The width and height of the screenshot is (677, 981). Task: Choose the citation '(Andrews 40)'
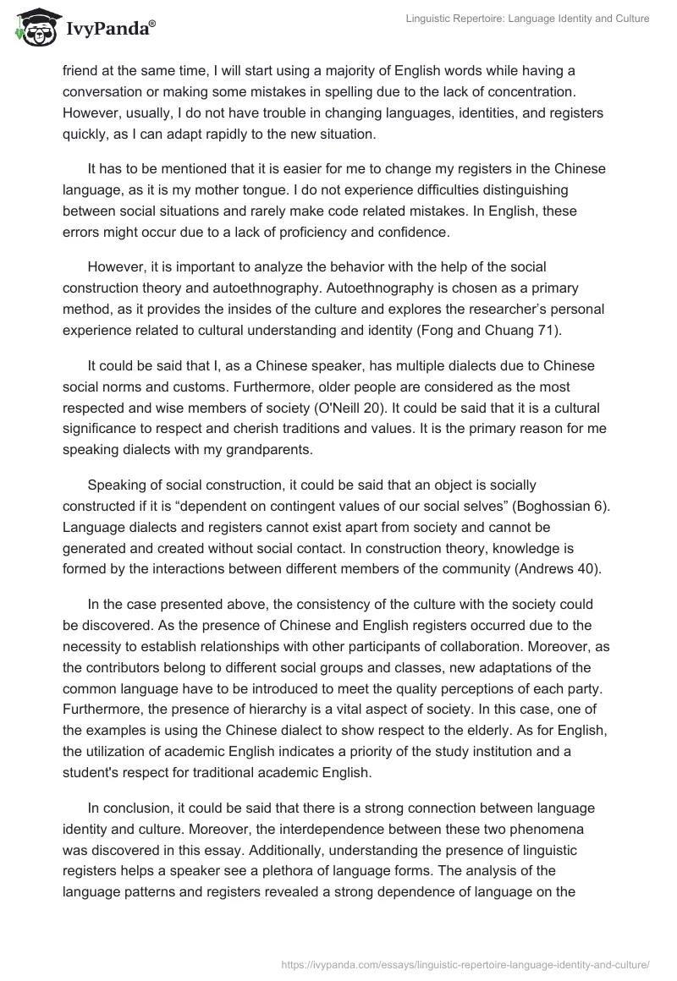click(x=558, y=568)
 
